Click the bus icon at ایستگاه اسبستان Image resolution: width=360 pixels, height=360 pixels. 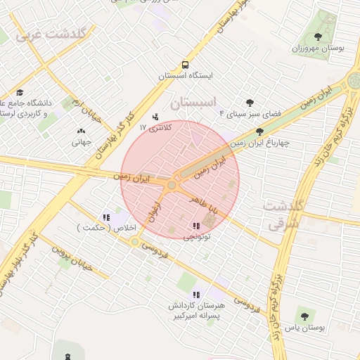(184, 63)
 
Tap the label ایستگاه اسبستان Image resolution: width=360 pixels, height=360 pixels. (184, 75)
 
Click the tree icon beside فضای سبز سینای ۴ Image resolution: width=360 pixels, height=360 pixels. (249, 102)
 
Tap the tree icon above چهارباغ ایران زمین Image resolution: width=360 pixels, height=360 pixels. (259, 131)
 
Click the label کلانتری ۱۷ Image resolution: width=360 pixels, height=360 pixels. (155, 127)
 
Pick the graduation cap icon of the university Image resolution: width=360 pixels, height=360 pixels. (20, 92)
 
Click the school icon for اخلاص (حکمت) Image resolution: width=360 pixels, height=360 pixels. (106, 217)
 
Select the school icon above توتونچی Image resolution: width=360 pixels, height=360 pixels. (195, 226)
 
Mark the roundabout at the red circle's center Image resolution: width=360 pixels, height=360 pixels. (172, 185)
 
